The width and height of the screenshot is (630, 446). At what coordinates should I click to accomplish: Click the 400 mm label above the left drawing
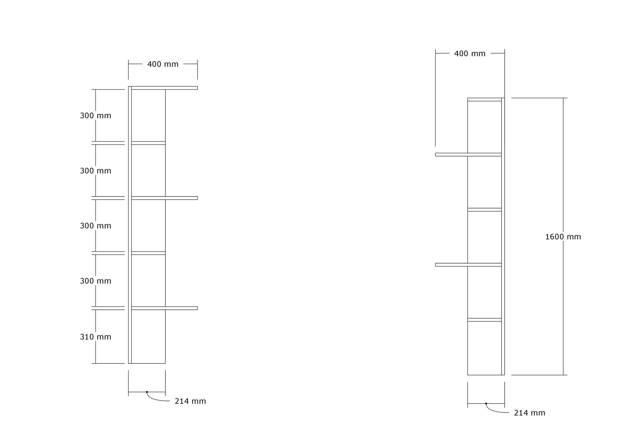pyautogui.click(x=163, y=64)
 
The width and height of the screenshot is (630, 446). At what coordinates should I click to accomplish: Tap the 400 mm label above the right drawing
pyautogui.click(x=470, y=54)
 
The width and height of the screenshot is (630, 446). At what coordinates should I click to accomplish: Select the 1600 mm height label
pyautogui.click(x=563, y=237)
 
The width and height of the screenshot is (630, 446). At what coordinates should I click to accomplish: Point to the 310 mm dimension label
pyautogui.click(x=95, y=337)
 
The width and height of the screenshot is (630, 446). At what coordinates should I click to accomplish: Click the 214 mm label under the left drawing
pyautogui.click(x=190, y=401)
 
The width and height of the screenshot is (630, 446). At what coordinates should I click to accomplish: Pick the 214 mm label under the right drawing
pyautogui.click(x=529, y=413)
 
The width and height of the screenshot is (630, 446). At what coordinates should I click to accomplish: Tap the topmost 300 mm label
pyautogui.click(x=95, y=116)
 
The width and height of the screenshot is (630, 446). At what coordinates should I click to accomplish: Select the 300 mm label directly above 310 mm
pyautogui.click(x=95, y=281)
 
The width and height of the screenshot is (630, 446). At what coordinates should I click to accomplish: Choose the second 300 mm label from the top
pyautogui.click(x=95, y=171)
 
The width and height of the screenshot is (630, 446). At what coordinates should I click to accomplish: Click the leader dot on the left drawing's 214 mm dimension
pyautogui.click(x=147, y=392)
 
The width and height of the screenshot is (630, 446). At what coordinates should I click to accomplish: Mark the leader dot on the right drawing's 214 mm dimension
pyautogui.click(x=486, y=404)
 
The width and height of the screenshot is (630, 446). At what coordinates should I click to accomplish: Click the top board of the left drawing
pyautogui.click(x=164, y=88)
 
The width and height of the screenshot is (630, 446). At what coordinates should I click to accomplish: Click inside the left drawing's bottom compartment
pyautogui.click(x=148, y=336)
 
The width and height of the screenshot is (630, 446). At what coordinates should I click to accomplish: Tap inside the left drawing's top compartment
pyautogui.click(x=148, y=115)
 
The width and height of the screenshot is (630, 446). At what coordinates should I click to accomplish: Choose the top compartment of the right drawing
pyautogui.click(x=484, y=127)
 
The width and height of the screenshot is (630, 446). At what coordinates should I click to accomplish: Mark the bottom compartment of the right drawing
pyautogui.click(x=484, y=348)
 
